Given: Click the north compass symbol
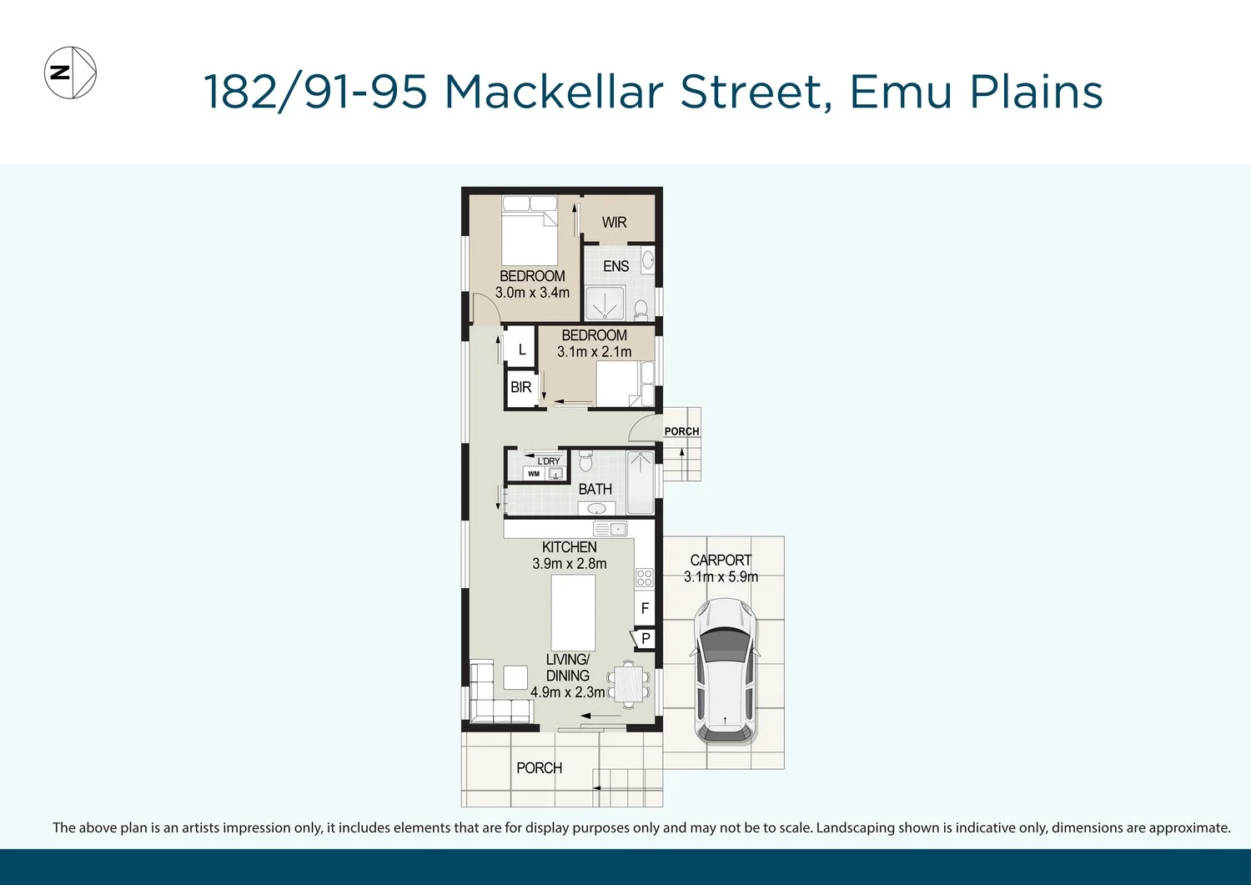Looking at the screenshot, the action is pos(70,73).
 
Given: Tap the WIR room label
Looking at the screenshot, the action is pos(615,223).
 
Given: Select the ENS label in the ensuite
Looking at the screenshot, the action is pos(616,267).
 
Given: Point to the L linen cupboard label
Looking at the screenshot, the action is pos(522,349).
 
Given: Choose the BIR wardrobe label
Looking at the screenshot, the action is pos(521,387).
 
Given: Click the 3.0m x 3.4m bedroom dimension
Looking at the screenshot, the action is pos(532,292).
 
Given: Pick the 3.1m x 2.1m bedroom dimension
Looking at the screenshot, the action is pos(594,351).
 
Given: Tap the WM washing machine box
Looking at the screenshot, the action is pos(534,474).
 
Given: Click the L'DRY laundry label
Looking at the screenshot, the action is pos(549,461).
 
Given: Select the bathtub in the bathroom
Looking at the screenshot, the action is pos(640,482).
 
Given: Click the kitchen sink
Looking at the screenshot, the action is pos(610,529).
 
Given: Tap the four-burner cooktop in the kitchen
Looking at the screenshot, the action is pos(644,578).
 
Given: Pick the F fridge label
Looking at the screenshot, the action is pos(645,608).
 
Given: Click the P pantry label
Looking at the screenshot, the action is pos(646,638).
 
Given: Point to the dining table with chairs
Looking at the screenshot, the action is pos(629,685).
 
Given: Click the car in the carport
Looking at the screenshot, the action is pos(725,671).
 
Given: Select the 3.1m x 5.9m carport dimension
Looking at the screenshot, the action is pos(721,576).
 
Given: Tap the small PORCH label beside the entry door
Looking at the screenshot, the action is pos(682,431).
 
